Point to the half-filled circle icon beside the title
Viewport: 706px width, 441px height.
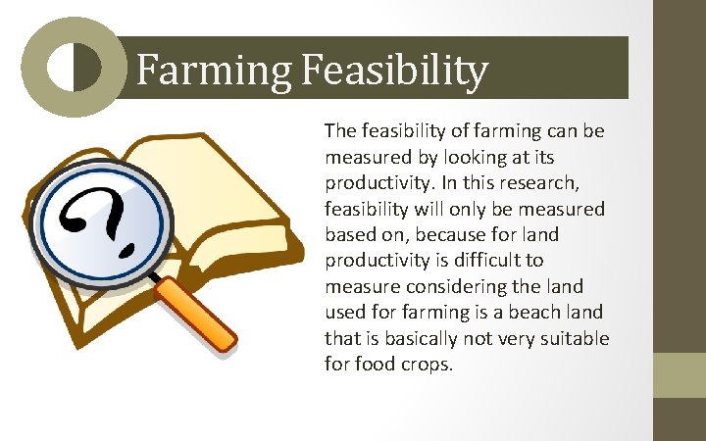75,68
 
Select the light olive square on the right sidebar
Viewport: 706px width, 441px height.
679,375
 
